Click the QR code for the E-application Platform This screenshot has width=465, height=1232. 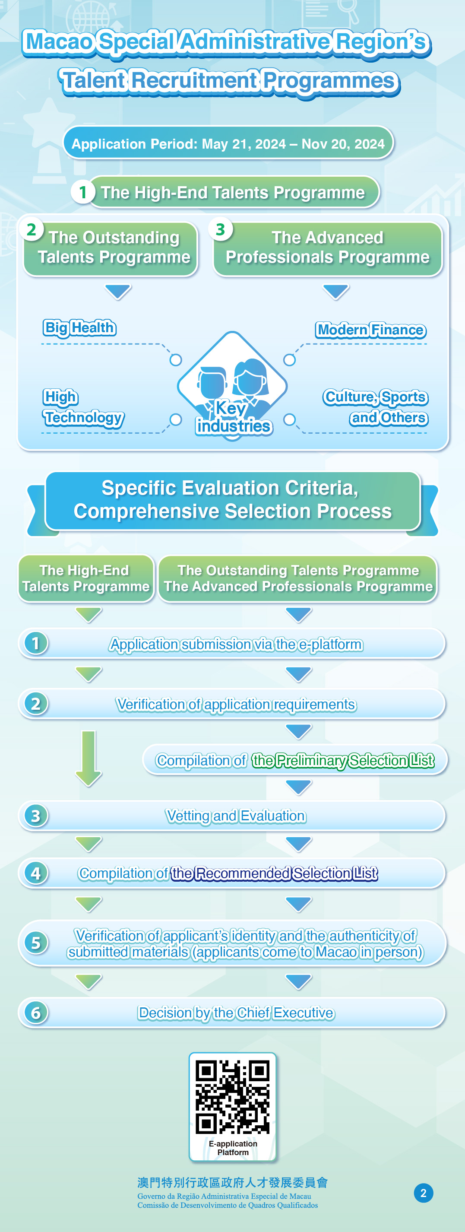coord(233,1097)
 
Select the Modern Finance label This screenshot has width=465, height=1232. coord(371,330)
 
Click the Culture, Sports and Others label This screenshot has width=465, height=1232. coord(376,407)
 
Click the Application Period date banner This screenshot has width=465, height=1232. coord(228,143)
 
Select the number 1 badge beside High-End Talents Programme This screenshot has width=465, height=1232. coord(82,192)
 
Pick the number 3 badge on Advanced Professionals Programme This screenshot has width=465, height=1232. coord(220,229)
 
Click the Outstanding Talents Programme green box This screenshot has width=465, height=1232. coord(111,249)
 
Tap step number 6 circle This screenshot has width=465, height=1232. coord(36,1013)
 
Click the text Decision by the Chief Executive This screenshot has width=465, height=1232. coord(236,1013)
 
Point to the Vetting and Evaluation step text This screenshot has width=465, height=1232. coord(236,816)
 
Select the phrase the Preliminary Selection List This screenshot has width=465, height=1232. coord(343,760)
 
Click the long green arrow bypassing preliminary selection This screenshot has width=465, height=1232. coord(89,759)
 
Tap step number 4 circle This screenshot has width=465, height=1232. coord(36,873)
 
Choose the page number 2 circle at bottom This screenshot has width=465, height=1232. coord(424,1193)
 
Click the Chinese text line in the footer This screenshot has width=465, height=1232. coord(232,1183)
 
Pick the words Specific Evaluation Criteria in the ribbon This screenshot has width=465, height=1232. coord(230,488)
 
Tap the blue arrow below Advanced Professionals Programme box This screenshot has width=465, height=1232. coord(336,292)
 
